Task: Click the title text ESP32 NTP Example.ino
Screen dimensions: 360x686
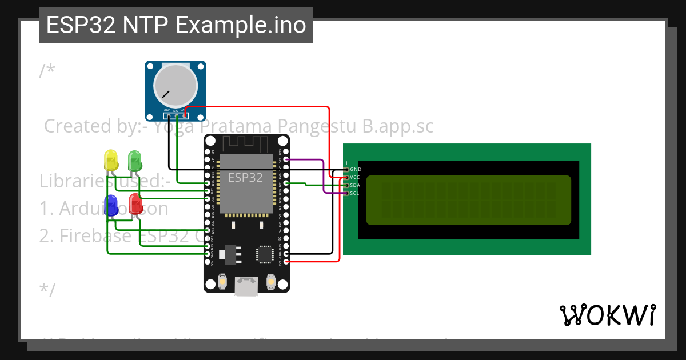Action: (176, 25)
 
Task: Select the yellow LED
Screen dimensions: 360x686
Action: (110, 160)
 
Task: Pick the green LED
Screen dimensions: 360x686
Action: (134, 159)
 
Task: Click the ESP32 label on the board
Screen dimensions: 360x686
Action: (245, 177)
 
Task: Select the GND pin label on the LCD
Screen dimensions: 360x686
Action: (355, 169)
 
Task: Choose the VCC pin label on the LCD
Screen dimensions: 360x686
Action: (355, 177)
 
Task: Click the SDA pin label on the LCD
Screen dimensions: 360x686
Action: (355, 185)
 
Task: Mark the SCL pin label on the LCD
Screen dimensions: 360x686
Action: (355, 193)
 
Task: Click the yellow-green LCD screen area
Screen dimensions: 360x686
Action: (468, 200)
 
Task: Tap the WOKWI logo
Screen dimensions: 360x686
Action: (607, 315)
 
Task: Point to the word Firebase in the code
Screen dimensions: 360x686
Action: (97, 235)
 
